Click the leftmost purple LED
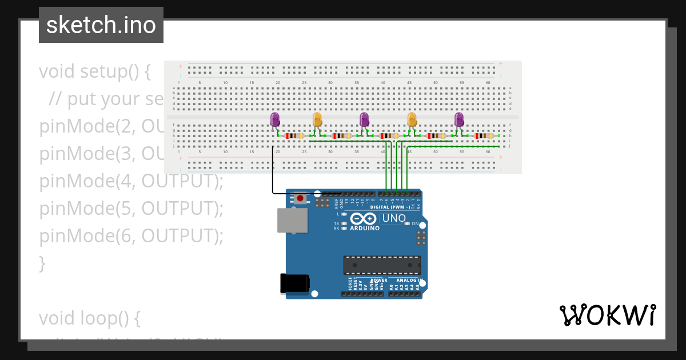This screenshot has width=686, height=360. (275, 119)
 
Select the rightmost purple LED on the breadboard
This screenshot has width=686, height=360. (459, 119)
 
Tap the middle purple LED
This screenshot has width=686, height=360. (364, 119)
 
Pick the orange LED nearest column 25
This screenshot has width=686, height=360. (318, 119)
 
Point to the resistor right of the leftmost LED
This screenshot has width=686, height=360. (294, 136)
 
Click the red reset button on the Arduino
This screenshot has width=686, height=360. (300, 198)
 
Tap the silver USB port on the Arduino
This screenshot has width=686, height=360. (292, 220)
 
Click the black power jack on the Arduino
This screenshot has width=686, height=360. (295, 283)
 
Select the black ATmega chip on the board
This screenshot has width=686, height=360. (382, 265)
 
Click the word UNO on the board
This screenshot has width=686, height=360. (394, 218)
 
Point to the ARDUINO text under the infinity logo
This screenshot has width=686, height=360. (365, 228)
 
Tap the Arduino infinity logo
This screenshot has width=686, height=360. (364, 219)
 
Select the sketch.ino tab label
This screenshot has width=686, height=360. (101, 25)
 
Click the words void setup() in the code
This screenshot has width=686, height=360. (95, 72)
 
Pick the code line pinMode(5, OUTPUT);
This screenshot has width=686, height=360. (131, 209)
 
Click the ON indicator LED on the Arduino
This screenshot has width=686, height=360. (407, 224)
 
